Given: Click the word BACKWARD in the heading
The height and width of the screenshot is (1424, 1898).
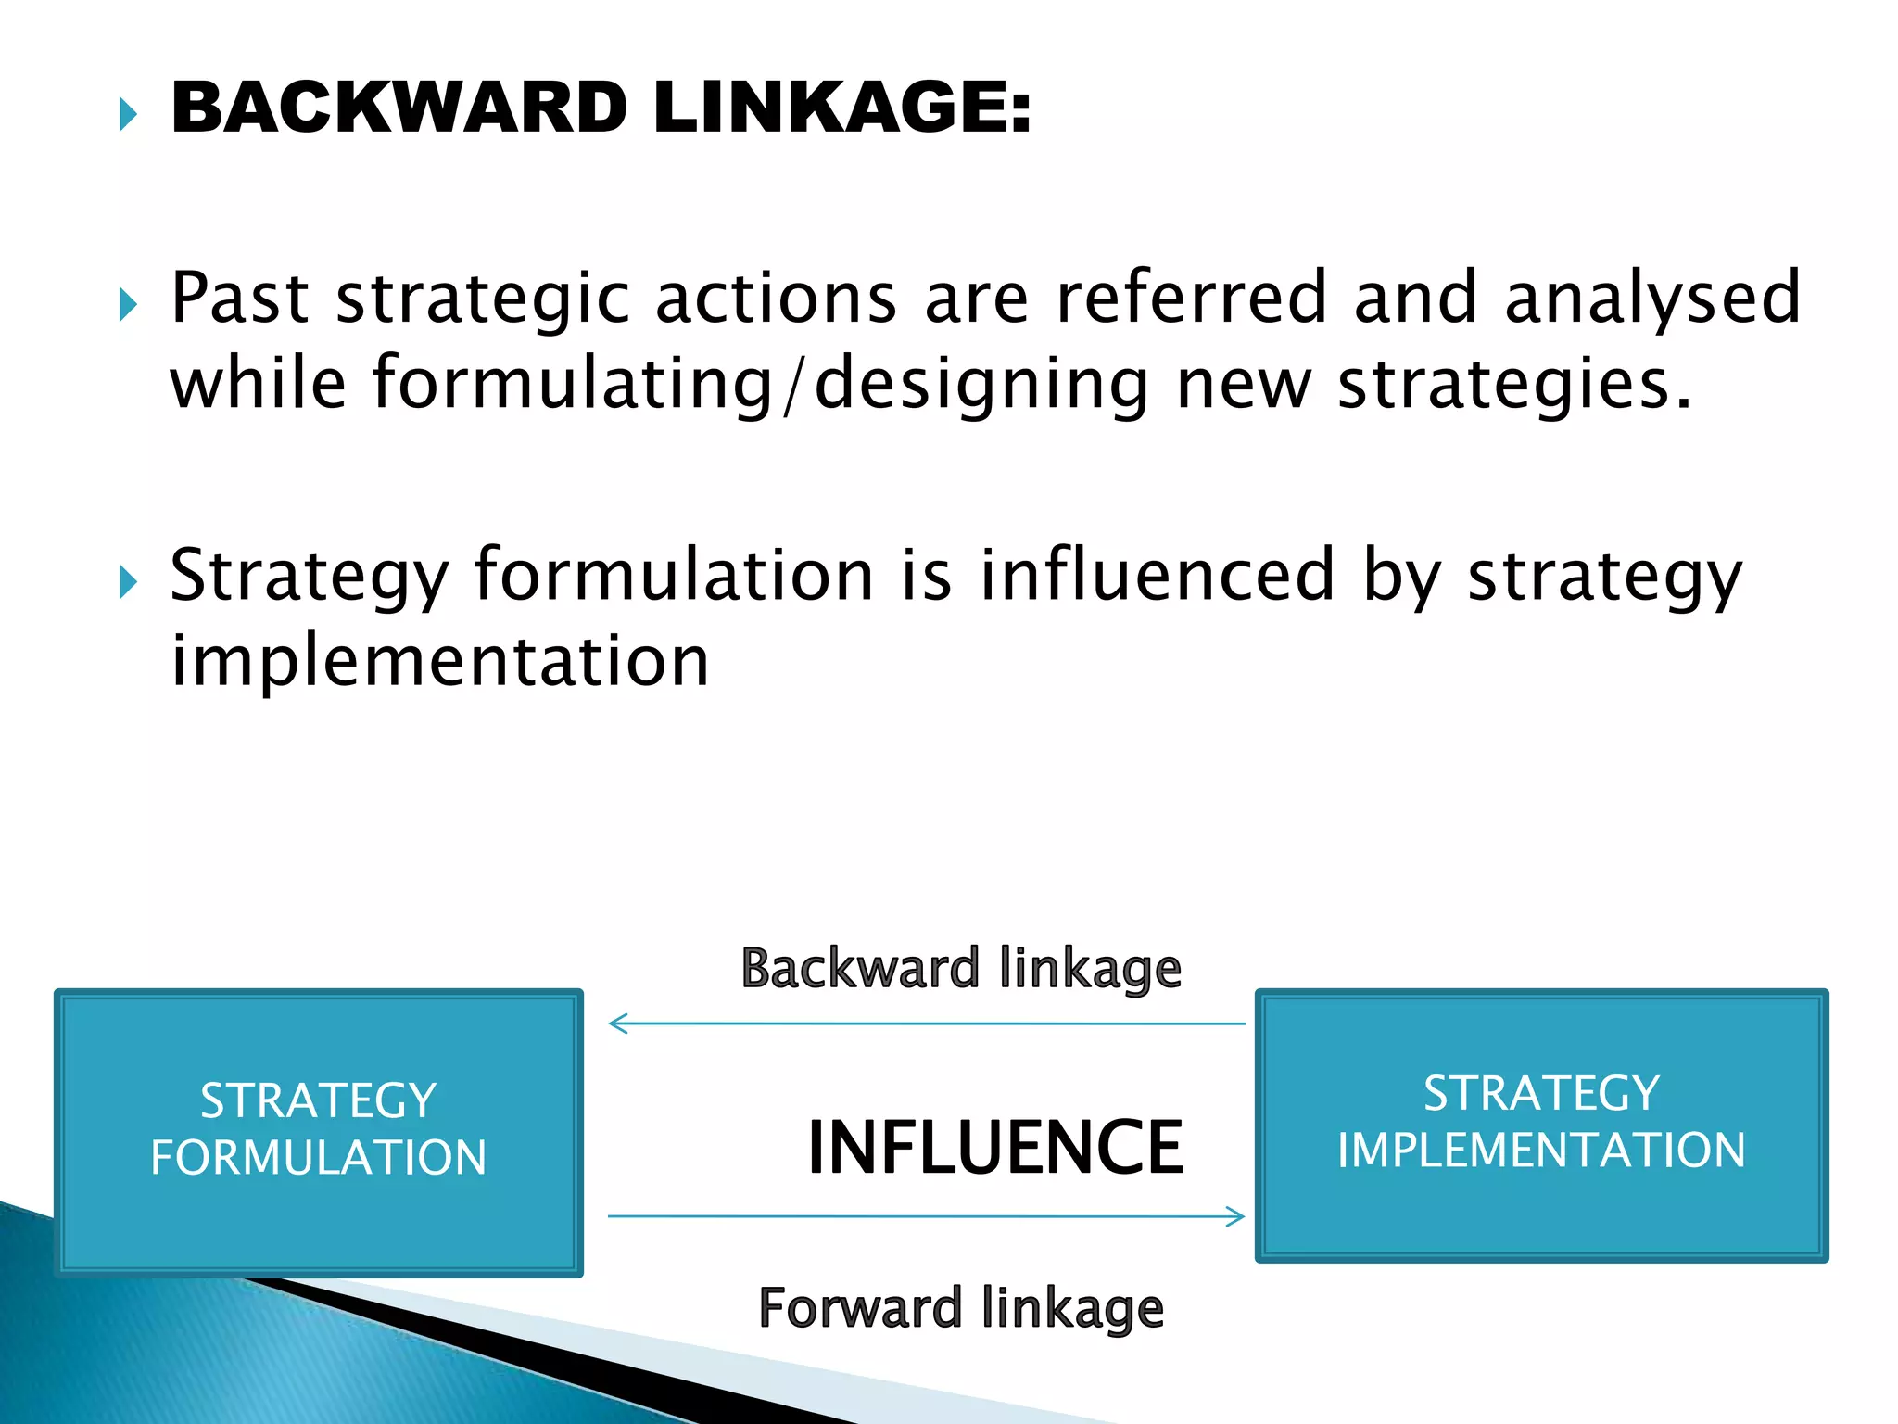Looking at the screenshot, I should [x=399, y=108].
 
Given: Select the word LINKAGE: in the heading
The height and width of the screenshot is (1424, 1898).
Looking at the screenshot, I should [x=841, y=108].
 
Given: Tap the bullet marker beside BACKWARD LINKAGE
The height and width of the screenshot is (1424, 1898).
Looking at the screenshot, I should [x=128, y=115].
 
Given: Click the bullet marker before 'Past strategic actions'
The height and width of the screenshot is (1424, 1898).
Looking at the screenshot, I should [x=128, y=304].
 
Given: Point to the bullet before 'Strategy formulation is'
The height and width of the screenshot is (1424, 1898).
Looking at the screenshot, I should [x=128, y=582].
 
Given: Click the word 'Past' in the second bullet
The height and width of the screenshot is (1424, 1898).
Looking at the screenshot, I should [x=240, y=299].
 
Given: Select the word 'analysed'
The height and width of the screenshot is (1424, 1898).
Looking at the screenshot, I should [x=1651, y=299].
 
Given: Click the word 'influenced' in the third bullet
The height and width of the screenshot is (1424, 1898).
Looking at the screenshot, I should [x=1158, y=576].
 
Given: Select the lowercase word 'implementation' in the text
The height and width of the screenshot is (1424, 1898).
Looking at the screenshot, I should [x=440, y=661].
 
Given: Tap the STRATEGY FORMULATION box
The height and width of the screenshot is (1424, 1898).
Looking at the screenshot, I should [x=319, y=1131].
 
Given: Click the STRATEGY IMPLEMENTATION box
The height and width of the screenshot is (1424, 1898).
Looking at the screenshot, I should [x=1541, y=1125].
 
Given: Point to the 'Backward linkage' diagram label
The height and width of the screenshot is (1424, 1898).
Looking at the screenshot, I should [x=961, y=970].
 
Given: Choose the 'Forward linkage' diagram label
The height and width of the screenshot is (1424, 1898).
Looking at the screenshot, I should [x=961, y=1309].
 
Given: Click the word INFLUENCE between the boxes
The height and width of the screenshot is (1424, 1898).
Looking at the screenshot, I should [x=995, y=1148].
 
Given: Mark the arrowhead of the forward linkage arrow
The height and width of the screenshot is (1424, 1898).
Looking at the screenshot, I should [x=1236, y=1216].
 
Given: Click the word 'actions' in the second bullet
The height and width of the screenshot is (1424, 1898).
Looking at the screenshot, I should [x=776, y=299].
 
